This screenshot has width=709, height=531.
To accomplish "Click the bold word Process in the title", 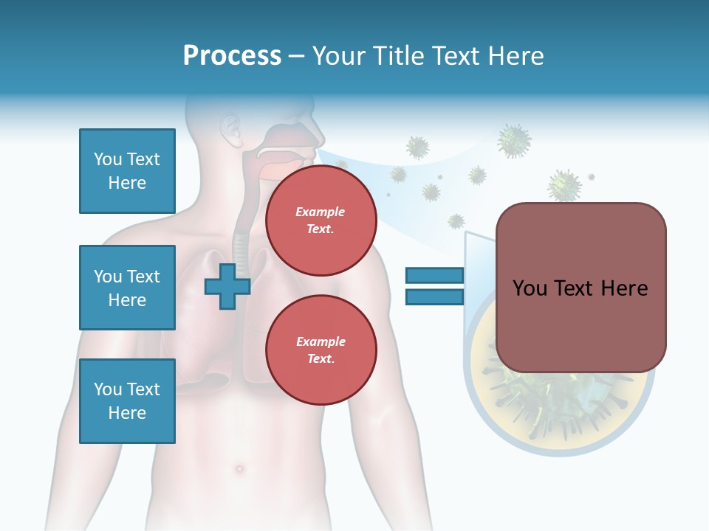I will (x=232, y=56).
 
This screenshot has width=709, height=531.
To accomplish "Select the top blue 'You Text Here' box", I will (x=127, y=171).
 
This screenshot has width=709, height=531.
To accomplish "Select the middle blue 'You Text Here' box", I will (x=127, y=288).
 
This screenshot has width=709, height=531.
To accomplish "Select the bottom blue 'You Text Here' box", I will (x=127, y=400).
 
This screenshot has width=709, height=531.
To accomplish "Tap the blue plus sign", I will (x=227, y=287).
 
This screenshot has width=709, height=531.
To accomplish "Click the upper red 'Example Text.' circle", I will (x=321, y=221).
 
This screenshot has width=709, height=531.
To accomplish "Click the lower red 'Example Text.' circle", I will (x=321, y=350).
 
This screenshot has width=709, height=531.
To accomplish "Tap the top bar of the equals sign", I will (x=434, y=276).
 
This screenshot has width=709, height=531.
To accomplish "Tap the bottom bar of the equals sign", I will (x=434, y=296).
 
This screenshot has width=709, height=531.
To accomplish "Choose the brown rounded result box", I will (x=580, y=288).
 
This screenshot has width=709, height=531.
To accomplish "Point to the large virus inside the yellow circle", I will (x=561, y=398).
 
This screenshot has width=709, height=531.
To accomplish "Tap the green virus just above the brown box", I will (x=564, y=184).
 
